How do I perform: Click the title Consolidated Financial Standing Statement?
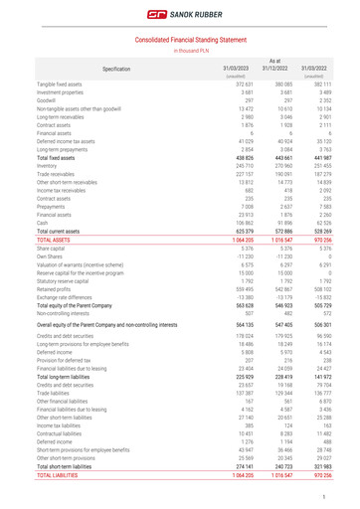pos(179,37)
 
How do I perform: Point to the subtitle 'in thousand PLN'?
pos(179,49)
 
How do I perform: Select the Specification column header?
pos(116,69)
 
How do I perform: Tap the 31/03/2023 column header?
pos(235,68)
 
